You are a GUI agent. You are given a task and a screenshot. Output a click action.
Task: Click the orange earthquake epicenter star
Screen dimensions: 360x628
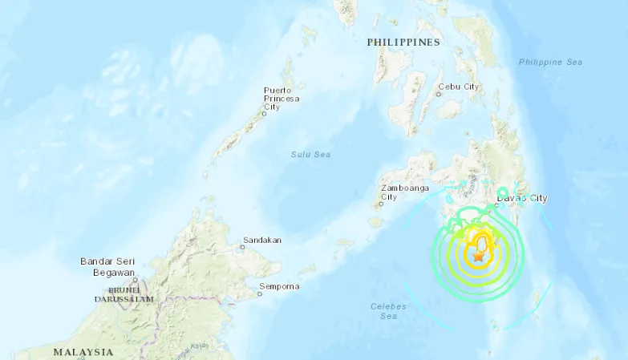pos(479,257)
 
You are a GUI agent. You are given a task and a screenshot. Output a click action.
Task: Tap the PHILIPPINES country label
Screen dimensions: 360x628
pos(403,42)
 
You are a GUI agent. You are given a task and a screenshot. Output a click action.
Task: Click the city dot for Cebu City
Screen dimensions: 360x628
pos(438,94)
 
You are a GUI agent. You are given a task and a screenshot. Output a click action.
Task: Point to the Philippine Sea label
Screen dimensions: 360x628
pos(550,63)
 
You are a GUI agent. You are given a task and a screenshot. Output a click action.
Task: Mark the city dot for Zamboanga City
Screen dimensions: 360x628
pos(380,204)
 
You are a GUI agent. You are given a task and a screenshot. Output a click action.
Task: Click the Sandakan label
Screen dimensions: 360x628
pos(262,240)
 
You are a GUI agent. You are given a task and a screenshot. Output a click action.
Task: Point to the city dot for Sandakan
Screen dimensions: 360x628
pos(242,247)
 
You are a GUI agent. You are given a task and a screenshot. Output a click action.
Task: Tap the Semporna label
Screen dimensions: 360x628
pos(279,286)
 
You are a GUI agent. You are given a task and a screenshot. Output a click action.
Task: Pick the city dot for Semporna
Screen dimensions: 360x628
pos(259,293)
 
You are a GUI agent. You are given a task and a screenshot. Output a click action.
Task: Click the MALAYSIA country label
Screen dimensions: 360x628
pos(83,352)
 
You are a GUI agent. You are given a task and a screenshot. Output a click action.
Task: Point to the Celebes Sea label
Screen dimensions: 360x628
pos(388,311)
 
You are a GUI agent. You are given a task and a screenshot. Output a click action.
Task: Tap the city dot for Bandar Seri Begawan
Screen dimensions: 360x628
pos(136,280)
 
